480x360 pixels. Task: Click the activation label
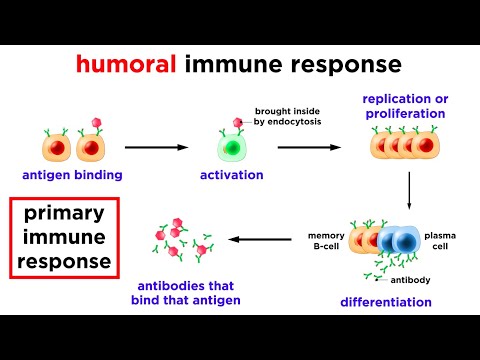(231, 175)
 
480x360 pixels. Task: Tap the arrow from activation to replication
(310, 147)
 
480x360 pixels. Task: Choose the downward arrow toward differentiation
(410, 190)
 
